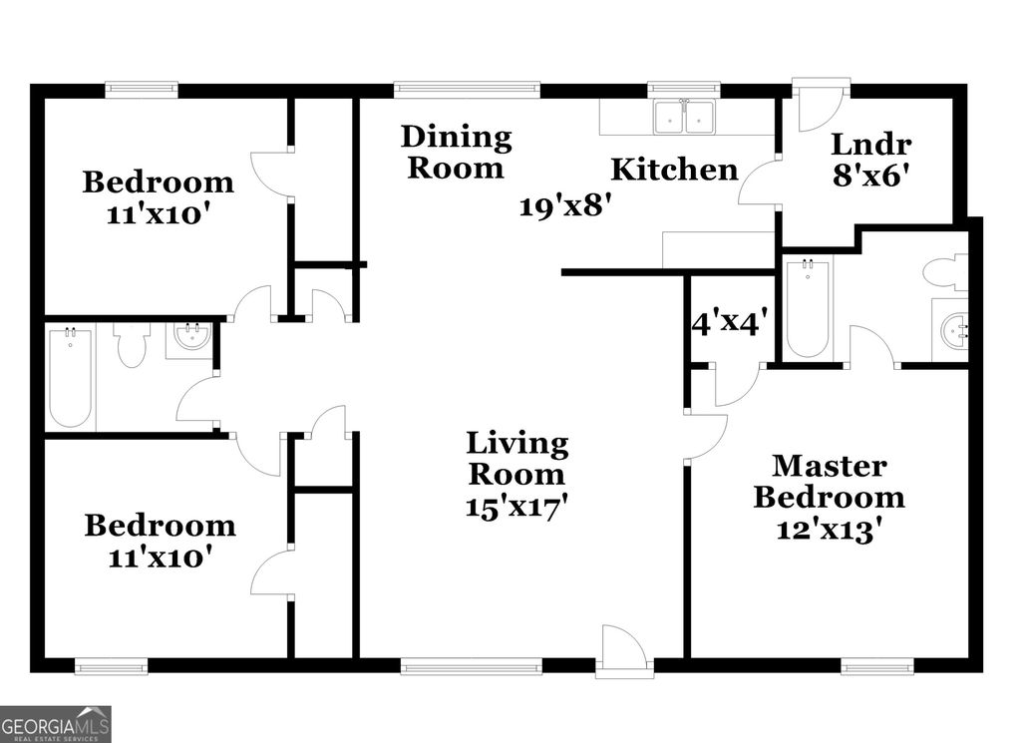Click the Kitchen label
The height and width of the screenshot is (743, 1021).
tap(674, 170)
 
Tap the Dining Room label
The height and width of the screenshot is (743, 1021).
tap(456, 152)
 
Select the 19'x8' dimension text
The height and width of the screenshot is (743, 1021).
tap(564, 206)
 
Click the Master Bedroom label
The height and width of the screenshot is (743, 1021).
tap(829, 482)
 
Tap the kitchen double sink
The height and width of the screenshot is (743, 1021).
tap(684, 117)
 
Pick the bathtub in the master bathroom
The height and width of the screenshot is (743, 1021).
tap(807, 307)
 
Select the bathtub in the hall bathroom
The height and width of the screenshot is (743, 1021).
tap(71, 378)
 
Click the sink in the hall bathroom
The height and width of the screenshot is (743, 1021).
tap(190, 338)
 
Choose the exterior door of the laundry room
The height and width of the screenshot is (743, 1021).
tap(821, 107)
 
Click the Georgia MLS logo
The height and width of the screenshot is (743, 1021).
tap(56, 724)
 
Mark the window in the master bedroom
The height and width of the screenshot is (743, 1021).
tap(877, 665)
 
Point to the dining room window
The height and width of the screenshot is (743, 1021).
tap(467, 90)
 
